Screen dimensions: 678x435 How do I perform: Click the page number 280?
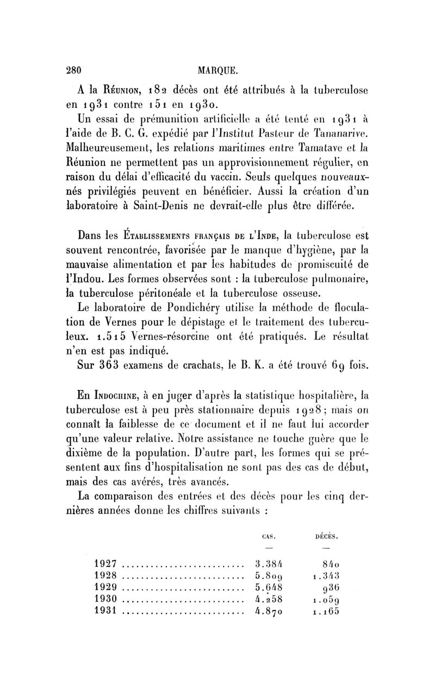(73, 70)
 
